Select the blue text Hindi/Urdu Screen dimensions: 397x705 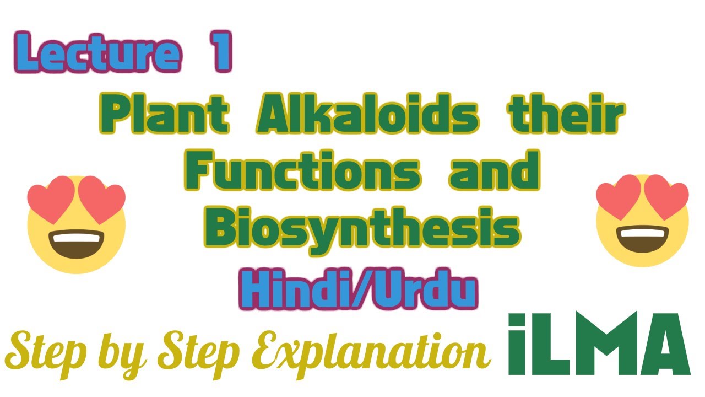(358, 291)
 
